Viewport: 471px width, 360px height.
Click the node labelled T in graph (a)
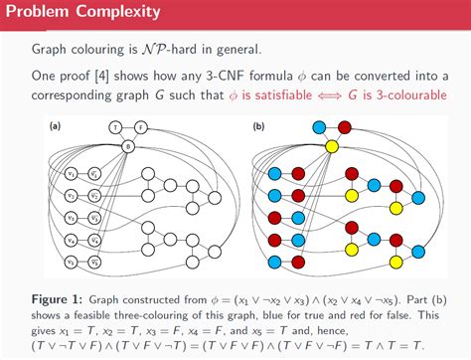click(115, 127)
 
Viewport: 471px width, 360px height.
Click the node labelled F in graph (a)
click(140, 127)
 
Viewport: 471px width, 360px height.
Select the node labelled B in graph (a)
click(128, 146)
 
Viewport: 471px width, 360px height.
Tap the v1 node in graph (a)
click(71, 174)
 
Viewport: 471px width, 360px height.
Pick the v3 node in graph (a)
click(71, 218)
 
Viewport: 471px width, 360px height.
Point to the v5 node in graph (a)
click(71, 262)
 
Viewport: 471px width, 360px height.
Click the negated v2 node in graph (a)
click(94, 196)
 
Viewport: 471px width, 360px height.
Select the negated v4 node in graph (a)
click(94, 240)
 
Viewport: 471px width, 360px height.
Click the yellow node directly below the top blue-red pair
click(333, 146)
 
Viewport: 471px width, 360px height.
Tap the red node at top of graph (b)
click(345, 127)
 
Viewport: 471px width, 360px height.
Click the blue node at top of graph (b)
click(320, 127)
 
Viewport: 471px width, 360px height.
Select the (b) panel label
click(259, 127)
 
